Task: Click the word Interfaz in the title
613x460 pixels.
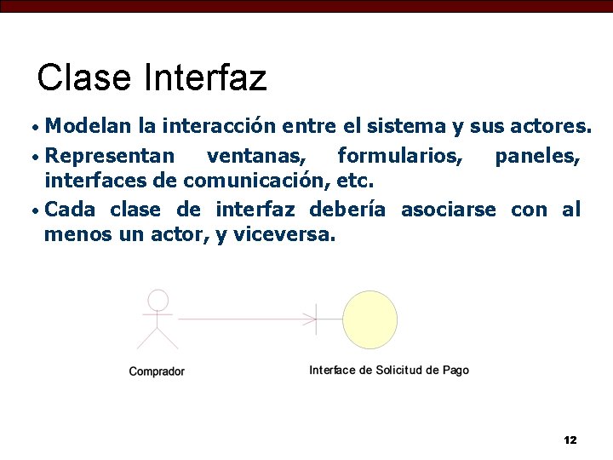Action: pos(205,78)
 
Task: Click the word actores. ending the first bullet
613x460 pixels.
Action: pos(550,127)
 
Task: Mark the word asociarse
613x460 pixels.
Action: pos(448,210)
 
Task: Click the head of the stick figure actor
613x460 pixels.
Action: pos(158,300)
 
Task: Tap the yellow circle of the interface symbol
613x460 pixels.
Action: pos(370,319)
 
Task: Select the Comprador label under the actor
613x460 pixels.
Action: pos(157,371)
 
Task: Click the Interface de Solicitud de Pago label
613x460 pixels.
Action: pos(389,371)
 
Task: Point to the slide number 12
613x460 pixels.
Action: pos(570,440)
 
